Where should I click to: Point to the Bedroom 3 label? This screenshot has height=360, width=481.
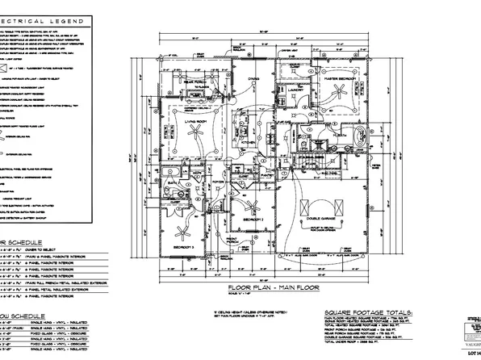point(186,247)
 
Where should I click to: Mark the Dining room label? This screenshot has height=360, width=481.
point(253,79)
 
